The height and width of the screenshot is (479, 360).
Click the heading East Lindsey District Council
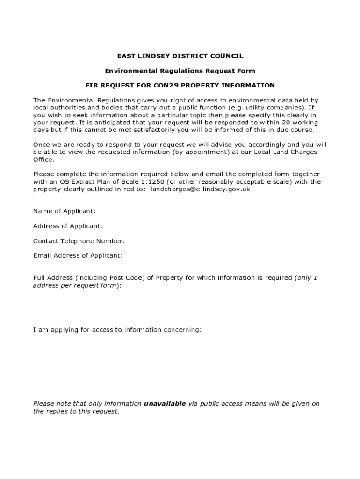(x=180, y=56)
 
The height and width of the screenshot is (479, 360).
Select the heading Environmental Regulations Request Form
(x=180, y=71)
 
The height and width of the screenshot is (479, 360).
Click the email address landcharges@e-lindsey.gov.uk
(x=204, y=189)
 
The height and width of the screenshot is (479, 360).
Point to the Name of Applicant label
(x=65, y=211)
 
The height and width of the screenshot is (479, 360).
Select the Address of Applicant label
(x=68, y=226)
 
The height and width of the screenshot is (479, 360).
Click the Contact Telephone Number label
(x=79, y=241)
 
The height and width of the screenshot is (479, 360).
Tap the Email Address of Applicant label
(x=78, y=256)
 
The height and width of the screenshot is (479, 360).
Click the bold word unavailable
(x=165, y=404)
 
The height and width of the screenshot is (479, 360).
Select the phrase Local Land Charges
(x=285, y=152)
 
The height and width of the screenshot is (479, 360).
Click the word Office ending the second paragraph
(x=43, y=160)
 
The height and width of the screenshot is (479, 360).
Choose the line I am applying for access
(x=117, y=330)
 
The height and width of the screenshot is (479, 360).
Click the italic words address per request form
(x=75, y=285)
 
